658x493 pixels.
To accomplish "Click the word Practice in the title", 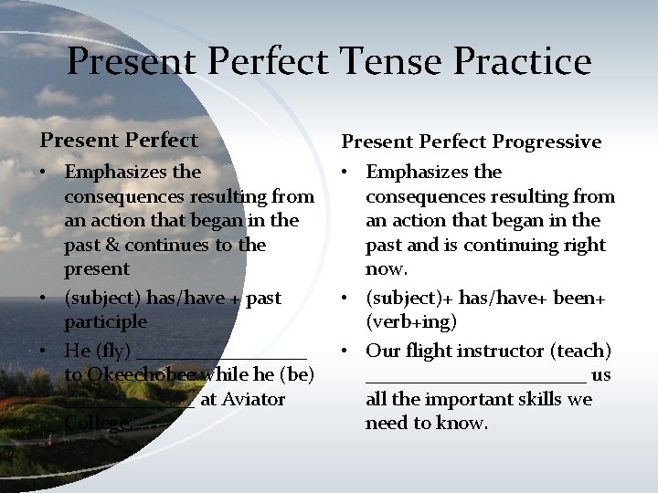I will pos(523,62).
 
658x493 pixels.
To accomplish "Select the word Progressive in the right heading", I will pos(547,142).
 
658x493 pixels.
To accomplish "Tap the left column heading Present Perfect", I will pos(118,141).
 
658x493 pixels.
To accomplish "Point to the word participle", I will pos(105,321).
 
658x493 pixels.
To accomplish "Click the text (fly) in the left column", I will pos(114,351).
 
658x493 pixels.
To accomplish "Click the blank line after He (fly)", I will pos(224,357).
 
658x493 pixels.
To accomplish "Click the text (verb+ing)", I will pos(411,321).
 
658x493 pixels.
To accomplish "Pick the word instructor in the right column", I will pos(502,351).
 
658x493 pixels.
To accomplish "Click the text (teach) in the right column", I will pos(584,351).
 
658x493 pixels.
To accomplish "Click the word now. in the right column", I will pos(387,269).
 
